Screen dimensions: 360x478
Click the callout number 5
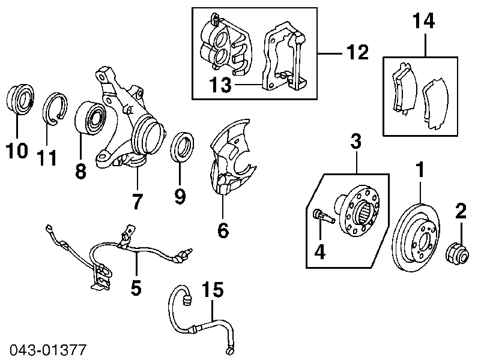click(x=136, y=288)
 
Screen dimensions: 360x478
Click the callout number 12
click(x=357, y=53)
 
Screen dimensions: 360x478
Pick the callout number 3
click(x=355, y=142)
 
